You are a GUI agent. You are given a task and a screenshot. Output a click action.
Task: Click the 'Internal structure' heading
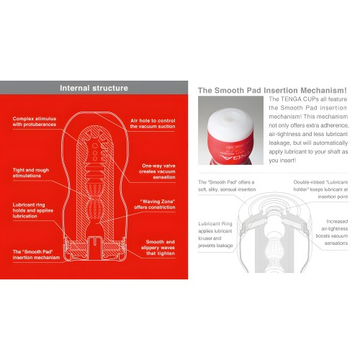point(94,89)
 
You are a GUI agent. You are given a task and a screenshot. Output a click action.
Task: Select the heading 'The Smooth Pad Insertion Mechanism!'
point(272,90)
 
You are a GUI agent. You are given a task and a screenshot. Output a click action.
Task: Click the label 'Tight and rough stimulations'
point(32,173)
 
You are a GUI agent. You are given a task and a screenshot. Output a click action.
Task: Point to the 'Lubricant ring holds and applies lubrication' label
point(33,210)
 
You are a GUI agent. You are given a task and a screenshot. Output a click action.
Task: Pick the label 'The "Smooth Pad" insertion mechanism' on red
point(35,254)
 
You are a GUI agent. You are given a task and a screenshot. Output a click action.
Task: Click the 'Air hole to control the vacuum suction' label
point(153,122)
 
